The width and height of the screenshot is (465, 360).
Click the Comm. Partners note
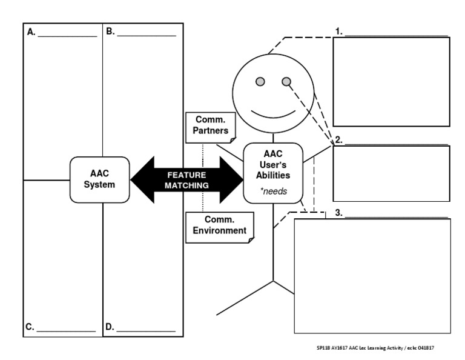[211, 126]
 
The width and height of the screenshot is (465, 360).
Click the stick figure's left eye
[259, 82]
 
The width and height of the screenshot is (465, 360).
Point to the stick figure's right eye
[286, 82]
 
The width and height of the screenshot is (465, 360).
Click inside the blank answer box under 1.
[391, 81]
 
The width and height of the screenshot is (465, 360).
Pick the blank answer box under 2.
[391, 173]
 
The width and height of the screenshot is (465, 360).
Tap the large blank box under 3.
[372, 276]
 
